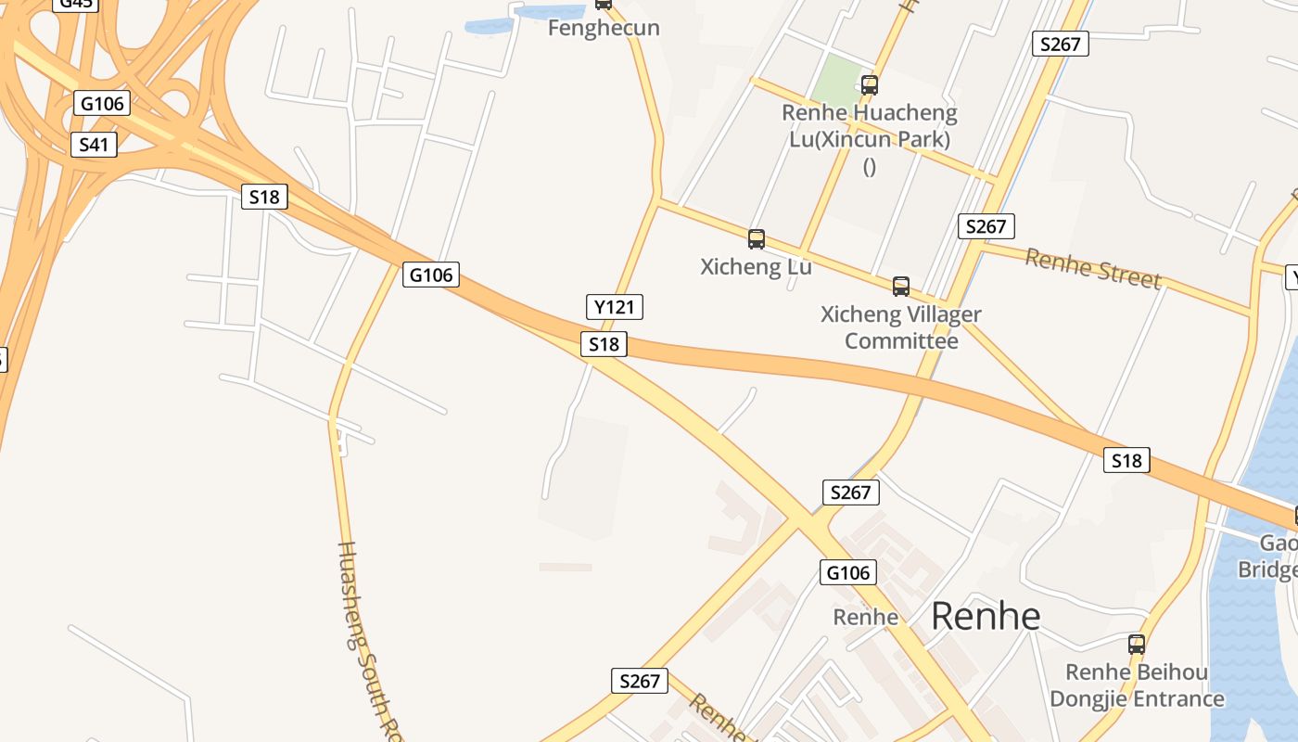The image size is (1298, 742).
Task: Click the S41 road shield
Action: point(95,145)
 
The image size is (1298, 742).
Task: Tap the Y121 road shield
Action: point(615,307)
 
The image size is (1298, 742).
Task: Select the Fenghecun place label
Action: point(604,28)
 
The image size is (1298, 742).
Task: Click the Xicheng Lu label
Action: point(756,267)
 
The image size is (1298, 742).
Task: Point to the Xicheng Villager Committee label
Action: point(900,327)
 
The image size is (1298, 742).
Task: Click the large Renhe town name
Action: point(986,616)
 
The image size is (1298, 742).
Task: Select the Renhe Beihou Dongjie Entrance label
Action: point(1136,685)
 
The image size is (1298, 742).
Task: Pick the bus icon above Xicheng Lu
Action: point(757,239)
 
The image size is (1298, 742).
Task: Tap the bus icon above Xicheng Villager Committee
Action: point(900,287)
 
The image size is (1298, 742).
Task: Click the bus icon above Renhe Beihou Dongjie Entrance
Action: point(1136,644)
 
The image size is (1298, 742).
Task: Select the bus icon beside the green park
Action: point(869,85)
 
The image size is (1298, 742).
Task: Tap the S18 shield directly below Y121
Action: point(604,344)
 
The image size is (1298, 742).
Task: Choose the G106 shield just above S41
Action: point(102,103)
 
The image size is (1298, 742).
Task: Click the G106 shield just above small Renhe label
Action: point(847,572)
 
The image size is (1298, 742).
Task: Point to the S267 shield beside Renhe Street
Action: point(986,226)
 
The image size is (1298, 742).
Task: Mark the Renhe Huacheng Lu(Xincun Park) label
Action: point(869,127)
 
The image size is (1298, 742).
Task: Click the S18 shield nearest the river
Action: point(1126,460)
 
